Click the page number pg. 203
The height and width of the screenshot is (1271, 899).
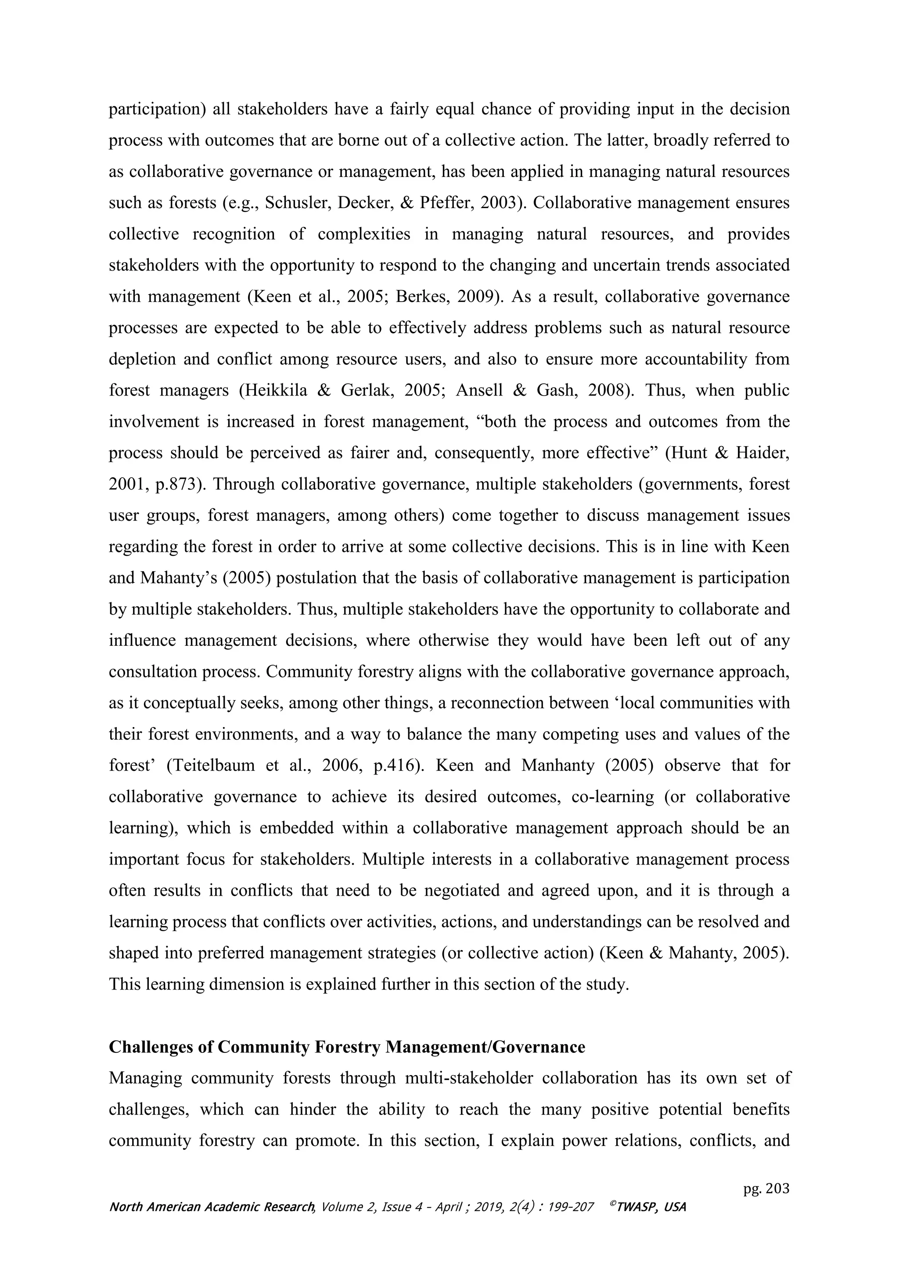click(766, 1188)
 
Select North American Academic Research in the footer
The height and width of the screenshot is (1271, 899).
click(212, 1207)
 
